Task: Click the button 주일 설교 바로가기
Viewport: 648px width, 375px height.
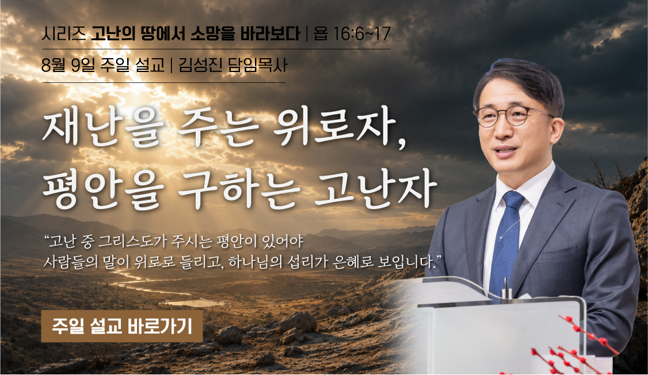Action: point(122,326)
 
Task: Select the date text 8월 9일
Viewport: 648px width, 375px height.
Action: point(68,65)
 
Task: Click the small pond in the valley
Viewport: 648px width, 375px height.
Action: point(195,303)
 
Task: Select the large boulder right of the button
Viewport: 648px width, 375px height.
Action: point(298,323)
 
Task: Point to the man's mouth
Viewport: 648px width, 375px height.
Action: point(505,151)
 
